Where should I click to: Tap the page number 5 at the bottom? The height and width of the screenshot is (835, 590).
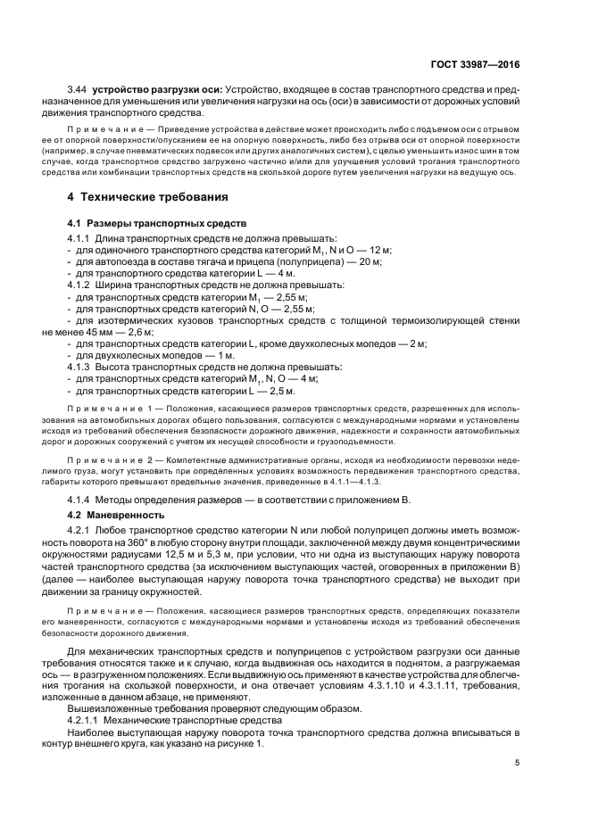pos(517,763)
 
